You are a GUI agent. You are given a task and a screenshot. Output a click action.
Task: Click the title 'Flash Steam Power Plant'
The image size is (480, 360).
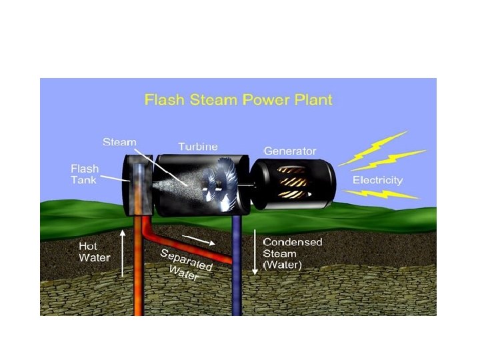point(238,101)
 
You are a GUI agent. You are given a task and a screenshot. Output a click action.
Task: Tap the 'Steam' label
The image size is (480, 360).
point(119,143)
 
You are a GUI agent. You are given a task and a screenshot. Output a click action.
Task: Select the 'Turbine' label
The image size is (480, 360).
point(198,146)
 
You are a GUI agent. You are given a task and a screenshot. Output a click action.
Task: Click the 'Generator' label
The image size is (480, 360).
point(289,151)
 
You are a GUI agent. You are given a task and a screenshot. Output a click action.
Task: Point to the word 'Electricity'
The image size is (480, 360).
point(377,180)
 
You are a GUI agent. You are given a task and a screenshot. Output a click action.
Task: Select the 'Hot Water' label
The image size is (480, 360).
point(95,252)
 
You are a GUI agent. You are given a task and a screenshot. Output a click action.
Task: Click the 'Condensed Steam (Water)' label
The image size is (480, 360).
point(292,253)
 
